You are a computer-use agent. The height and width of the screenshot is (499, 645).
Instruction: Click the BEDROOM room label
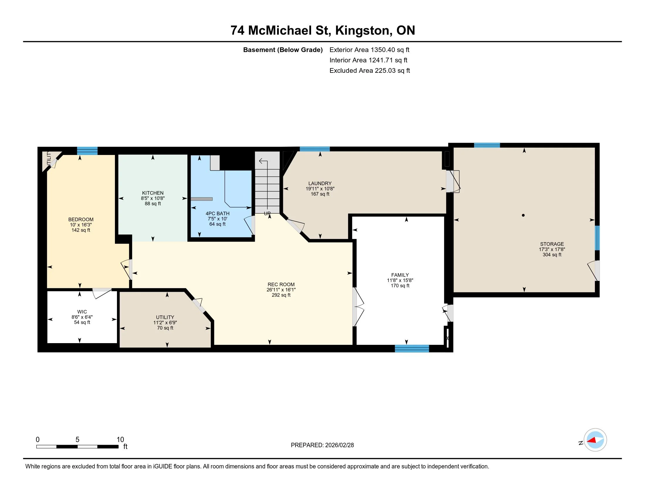81,219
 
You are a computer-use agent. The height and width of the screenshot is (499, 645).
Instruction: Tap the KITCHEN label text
153,193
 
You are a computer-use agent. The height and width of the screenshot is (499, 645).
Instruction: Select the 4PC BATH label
217,213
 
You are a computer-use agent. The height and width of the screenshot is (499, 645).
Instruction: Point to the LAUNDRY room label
320,183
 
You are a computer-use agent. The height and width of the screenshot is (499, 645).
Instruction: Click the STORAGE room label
552,244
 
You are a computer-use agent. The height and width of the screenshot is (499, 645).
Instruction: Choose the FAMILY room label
400,275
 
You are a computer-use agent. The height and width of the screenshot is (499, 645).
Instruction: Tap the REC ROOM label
281,284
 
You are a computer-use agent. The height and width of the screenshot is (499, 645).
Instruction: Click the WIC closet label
82,311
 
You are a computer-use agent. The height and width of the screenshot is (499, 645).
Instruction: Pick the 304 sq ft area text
552,254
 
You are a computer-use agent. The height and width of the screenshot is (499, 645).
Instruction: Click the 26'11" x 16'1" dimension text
281,290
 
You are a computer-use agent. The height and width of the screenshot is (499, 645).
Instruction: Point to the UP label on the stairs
267,213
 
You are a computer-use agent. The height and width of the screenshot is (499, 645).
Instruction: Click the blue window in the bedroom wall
87,151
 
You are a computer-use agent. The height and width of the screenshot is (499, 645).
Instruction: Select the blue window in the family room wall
412,348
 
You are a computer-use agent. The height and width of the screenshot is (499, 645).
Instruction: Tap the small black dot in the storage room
523,215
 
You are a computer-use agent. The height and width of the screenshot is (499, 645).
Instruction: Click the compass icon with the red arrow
595,440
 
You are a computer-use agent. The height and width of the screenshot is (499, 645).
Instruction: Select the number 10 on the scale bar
120,440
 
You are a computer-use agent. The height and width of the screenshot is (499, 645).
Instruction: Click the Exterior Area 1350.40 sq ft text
369,50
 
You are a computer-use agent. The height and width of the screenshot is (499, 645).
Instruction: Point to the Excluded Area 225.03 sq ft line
370,70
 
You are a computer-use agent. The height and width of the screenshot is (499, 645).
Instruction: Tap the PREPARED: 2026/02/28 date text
322,445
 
